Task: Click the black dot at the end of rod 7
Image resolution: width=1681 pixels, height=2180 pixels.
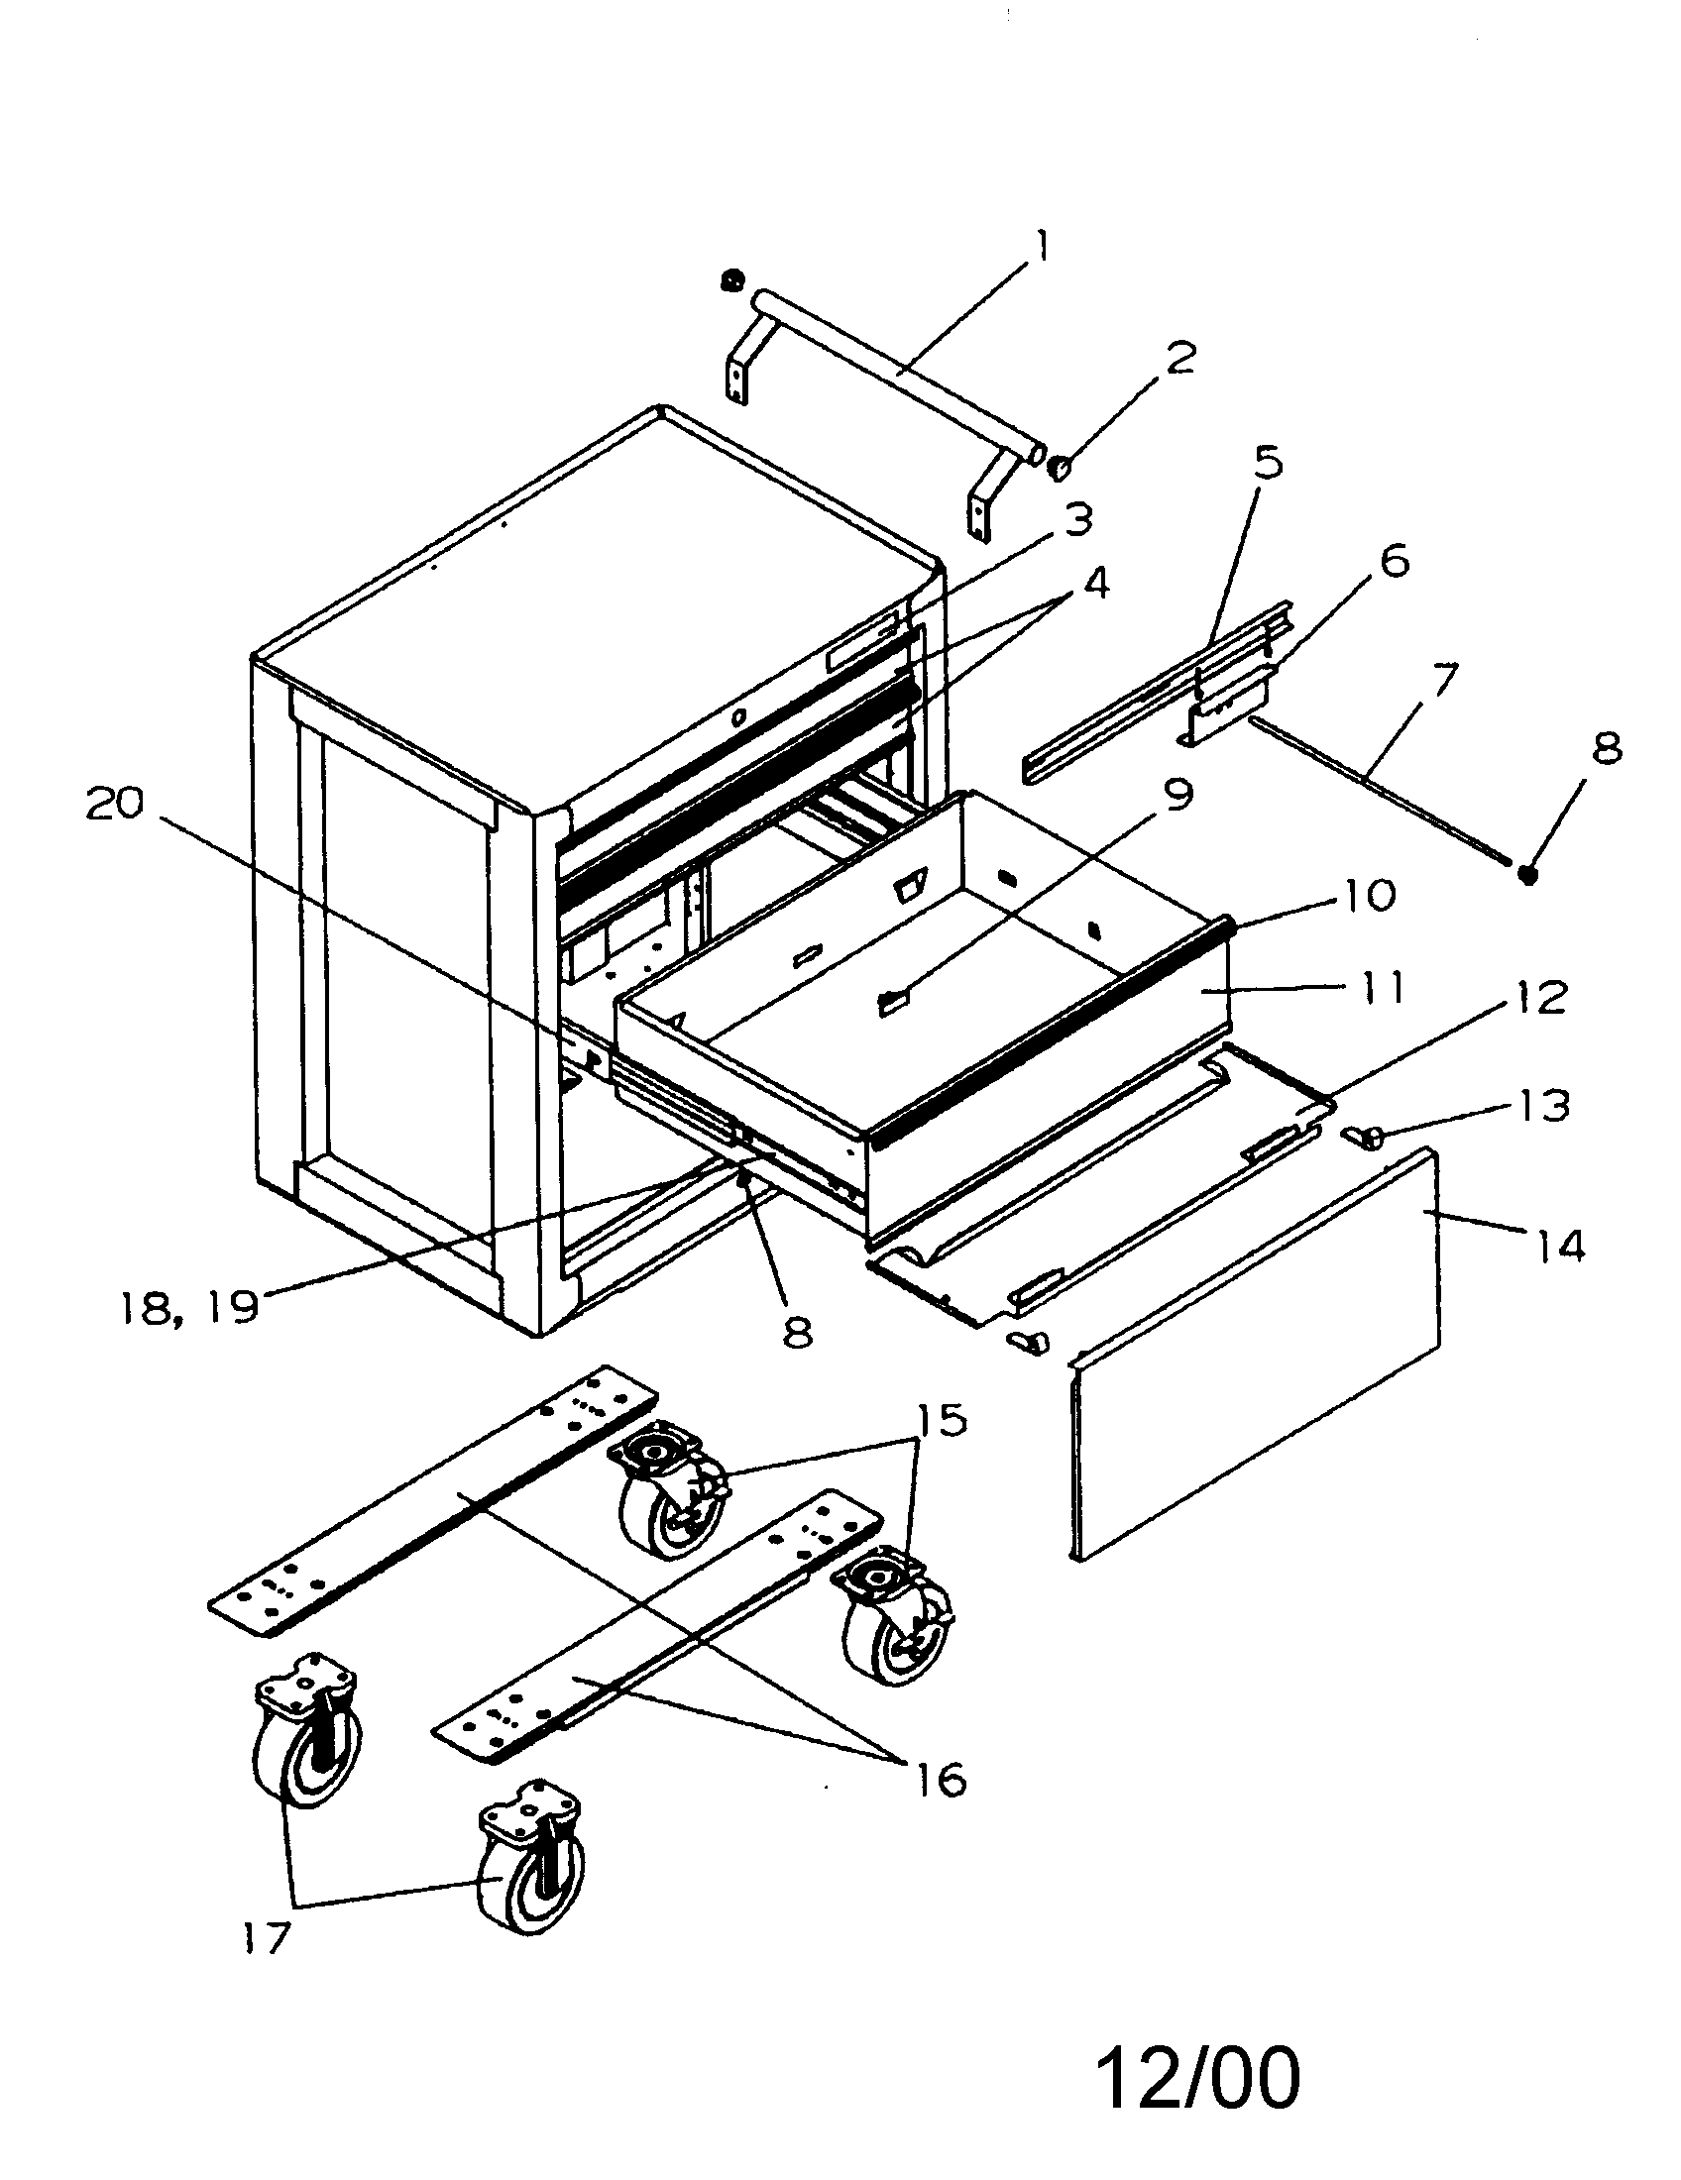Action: point(1526,873)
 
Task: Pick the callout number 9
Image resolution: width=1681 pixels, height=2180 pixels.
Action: point(1177,796)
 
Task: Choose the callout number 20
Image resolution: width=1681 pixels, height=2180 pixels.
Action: point(116,804)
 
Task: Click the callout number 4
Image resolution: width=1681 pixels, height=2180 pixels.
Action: point(1095,584)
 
